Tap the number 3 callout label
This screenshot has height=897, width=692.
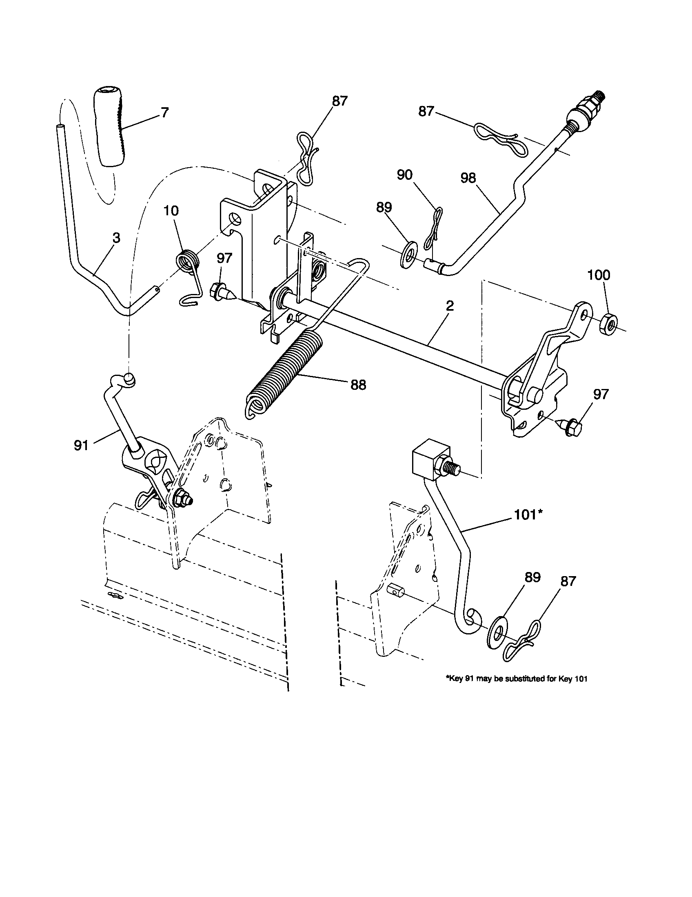pos(116,238)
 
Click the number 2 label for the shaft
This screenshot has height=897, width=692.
pos(450,305)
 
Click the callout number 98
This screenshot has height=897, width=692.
pos(468,178)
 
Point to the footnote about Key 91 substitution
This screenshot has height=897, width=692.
pos(516,679)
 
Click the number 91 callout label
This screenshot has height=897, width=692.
pos(81,445)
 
